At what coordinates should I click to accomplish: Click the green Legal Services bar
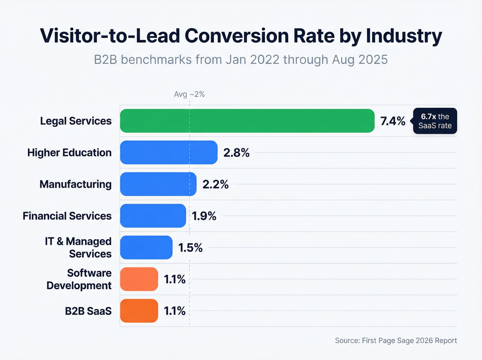(247, 121)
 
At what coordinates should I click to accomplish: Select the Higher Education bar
(169, 152)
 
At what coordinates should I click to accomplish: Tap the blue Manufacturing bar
(158, 184)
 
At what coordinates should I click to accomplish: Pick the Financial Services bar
(153, 216)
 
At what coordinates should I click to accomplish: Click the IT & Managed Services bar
(146, 247)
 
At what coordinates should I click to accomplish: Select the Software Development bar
(139, 279)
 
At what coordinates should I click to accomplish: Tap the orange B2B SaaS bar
(139, 311)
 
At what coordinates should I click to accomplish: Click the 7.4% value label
(392, 121)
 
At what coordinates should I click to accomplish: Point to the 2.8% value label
(236, 153)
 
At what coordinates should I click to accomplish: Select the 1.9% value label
(204, 216)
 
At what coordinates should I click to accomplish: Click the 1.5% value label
(190, 248)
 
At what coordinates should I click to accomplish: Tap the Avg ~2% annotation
(189, 94)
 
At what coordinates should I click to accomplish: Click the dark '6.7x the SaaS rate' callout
(435, 121)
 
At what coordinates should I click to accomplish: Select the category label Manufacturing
(75, 184)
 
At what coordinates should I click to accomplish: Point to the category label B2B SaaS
(88, 311)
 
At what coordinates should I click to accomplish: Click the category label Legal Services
(76, 121)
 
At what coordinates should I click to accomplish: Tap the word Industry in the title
(404, 36)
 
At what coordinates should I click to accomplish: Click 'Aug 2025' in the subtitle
(359, 60)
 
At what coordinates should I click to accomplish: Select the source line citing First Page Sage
(396, 340)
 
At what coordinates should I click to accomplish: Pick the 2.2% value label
(215, 184)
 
